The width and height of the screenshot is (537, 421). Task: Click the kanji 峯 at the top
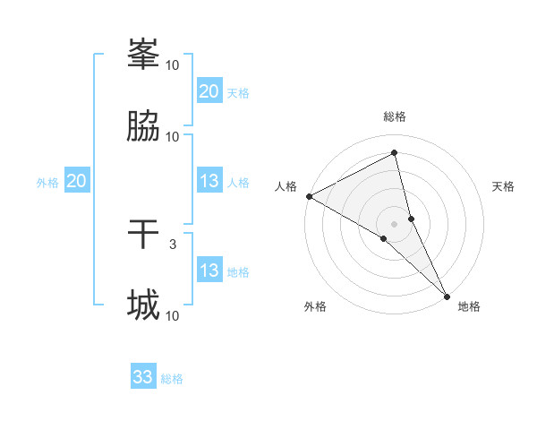(143, 55)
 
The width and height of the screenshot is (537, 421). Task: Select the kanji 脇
(143, 127)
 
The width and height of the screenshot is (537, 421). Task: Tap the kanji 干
(143, 235)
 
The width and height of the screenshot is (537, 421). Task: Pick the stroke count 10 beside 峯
(173, 64)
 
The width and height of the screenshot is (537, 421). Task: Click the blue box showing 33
(143, 377)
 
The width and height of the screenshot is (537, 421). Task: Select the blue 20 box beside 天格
(209, 91)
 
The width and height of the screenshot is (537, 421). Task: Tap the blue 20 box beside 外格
(77, 181)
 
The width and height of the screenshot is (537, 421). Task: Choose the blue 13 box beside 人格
(209, 181)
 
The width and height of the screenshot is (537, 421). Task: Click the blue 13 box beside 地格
(209, 271)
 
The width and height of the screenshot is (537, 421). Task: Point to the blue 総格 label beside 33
(172, 379)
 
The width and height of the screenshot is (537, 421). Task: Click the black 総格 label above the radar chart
(395, 116)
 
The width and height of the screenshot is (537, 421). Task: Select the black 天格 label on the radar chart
(503, 186)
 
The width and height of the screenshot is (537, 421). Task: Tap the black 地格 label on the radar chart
(469, 306)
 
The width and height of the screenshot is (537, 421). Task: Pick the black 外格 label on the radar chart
(315, 306)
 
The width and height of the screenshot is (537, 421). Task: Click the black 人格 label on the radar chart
(286, 186)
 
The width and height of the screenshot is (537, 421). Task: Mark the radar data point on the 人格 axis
(309, 196)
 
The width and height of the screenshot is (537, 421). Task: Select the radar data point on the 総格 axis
(395, 153)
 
